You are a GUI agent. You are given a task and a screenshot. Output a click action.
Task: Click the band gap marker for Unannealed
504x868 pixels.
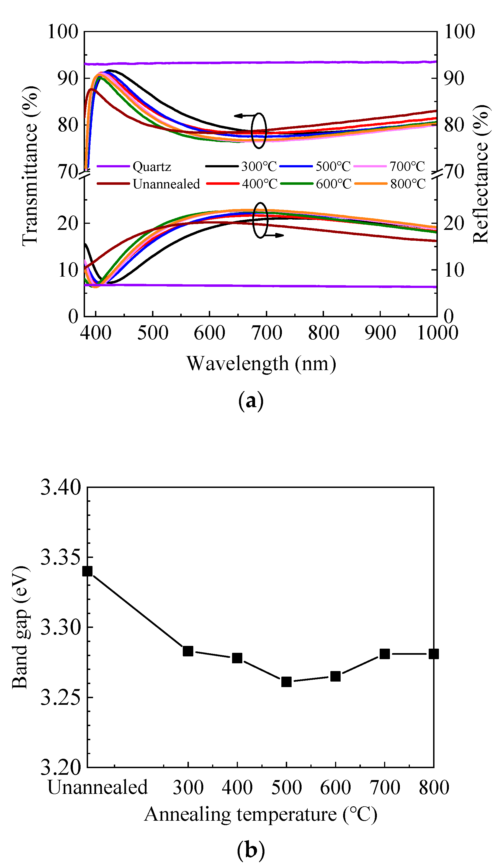point(88,571)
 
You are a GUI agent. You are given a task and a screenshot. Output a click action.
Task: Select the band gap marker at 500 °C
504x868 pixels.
point(286,682)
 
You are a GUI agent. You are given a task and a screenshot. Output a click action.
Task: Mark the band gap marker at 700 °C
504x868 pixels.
point(385,654)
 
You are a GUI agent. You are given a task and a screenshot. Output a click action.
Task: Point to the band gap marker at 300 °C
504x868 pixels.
point(188,651)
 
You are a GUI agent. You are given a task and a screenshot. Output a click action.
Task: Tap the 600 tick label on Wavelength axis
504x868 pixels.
point(209,333)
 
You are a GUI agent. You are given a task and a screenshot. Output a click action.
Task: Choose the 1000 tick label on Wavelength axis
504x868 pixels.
point(437,333)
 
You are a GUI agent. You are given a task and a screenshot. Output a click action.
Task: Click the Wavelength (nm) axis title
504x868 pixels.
point(261,364)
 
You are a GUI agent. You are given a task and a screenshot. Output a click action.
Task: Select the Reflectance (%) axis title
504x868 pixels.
point(480,174)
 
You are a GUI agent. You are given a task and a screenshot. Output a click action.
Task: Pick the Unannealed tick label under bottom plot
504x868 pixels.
point(97,788)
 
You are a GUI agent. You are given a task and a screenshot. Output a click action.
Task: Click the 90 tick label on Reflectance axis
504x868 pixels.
point(454,79)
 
